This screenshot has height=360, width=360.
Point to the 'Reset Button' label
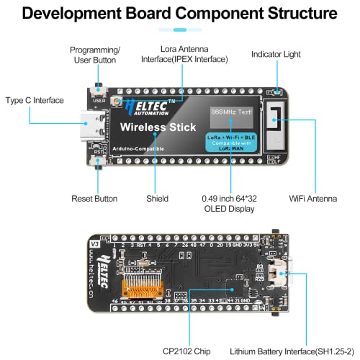[95, 198]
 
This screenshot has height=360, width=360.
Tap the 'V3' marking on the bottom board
[93, 243]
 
